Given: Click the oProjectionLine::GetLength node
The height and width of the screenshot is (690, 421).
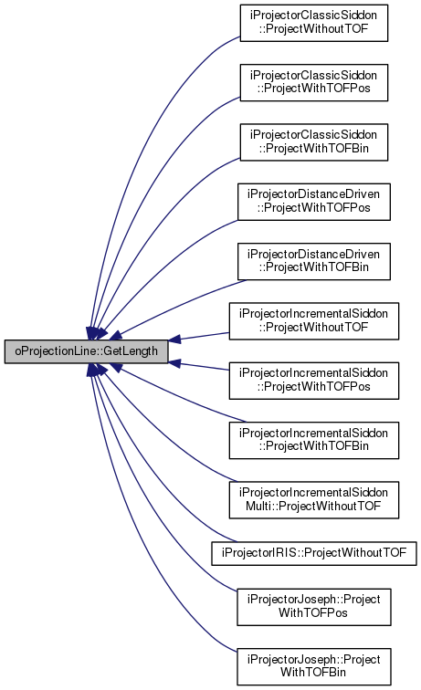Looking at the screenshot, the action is pyautogui.click(x=87, y=351).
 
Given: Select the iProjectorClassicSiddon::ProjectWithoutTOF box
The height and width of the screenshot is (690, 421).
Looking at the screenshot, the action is pyautogui.click(x=313, y=23).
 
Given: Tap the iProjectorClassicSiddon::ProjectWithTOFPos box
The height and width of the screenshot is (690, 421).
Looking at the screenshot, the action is pyautogui.click(x=313, y=82).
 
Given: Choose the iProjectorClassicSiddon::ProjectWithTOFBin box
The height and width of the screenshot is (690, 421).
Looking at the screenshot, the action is pyautogui.click(x=313, y=142).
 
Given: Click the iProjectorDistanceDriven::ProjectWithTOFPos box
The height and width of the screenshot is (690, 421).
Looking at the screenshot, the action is pyautogui.click(x=313, y=202).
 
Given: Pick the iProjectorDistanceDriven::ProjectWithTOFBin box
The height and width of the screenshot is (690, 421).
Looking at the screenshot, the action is pyautogui.click(x=313, y=261).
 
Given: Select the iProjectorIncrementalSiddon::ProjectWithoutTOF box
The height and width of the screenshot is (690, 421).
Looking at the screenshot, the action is pyautogui.click(x=313, y=320).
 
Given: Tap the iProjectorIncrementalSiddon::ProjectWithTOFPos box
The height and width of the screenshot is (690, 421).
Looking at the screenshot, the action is pyautogui.click(x=313, y=381).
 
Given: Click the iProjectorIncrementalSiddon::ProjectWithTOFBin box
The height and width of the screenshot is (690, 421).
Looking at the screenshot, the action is pyautogui.click(x=313, y=441).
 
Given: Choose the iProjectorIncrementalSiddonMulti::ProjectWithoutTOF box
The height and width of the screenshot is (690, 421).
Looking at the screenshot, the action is pyautogui.click(x=313, y=500).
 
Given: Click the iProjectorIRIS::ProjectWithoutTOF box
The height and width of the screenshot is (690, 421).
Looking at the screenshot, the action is pyautogui.click(x=313, y=554).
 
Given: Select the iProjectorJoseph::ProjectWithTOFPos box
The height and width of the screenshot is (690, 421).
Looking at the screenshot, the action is pyautogui.click(x=313, y=607).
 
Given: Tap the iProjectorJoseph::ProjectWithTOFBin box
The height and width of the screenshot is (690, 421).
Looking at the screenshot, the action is pyautogui.click(x=313, y=666).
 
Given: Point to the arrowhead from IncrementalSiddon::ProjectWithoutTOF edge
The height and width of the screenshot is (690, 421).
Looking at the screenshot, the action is pyautogui.click(x=174, y=339).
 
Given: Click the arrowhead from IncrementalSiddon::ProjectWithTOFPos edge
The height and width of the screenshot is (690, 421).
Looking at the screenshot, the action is pyautogui.click(x=174, y=363).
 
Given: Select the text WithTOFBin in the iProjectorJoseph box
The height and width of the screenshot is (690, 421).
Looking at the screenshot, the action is pyautogui.click(x=313, y=673).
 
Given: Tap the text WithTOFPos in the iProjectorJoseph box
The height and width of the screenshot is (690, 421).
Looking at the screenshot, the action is pyautogui.click(x=313, y=612).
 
